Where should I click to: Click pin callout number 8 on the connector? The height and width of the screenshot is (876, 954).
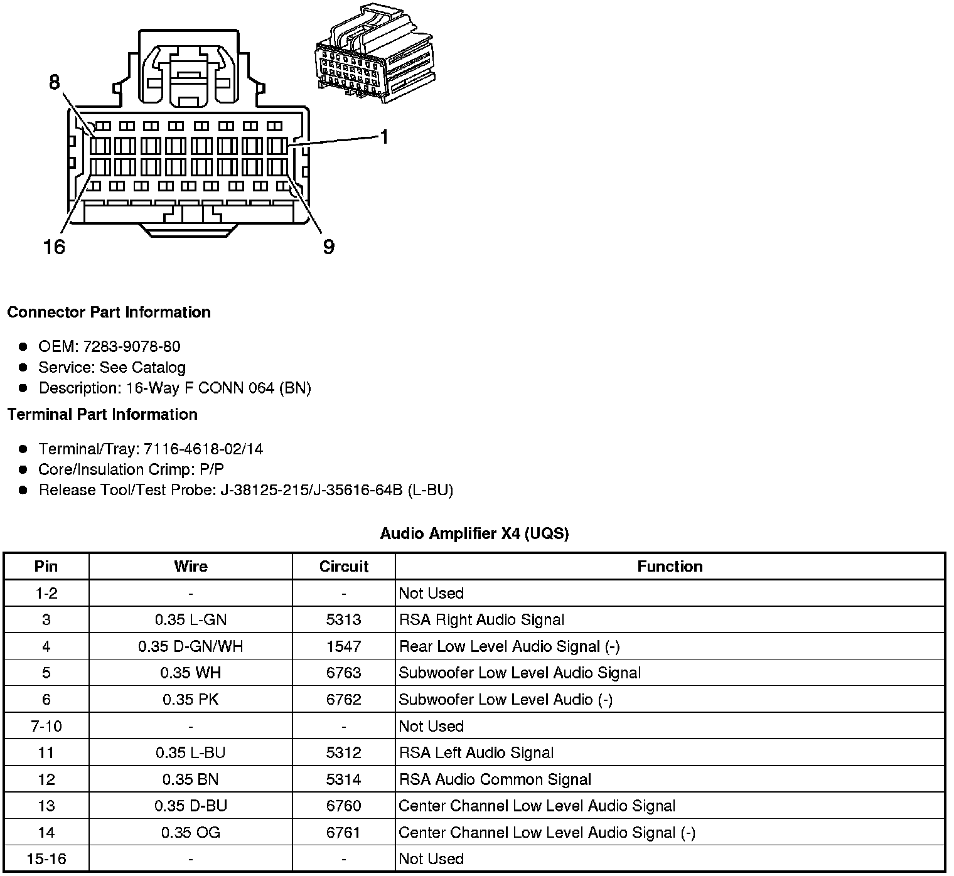pos(55,82)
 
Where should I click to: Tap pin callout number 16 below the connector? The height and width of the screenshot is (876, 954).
pos(55,247)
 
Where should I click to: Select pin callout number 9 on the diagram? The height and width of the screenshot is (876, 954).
pos(329,247)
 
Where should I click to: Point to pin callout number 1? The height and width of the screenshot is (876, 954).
pos(384,136)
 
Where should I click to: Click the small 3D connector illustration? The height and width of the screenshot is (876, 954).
pos(373,55)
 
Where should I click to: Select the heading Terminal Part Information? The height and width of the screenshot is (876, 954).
pos(102,414)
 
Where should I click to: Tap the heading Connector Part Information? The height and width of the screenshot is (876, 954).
pos(109,312)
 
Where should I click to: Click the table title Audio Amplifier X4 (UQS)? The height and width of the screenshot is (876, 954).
pos(474,533)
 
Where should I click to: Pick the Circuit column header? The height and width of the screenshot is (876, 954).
pos(343,566)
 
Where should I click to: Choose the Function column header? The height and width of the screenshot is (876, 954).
pos(670,566)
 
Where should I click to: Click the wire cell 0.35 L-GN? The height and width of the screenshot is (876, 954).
pos(190,619)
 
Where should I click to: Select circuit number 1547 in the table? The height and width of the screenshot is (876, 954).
pos(343,646)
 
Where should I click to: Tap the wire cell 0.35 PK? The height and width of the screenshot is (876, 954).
pos(190,699)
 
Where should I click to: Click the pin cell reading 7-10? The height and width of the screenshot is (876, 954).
pos(46,726)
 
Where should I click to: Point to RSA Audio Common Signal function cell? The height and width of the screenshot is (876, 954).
pos(495,779)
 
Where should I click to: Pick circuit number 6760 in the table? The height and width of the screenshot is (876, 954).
pos(343,806)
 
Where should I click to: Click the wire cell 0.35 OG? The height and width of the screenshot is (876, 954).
pos(190,832)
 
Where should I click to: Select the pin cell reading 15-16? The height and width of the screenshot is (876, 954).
pos(46,858)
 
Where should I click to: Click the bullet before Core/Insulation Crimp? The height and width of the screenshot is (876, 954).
pos(23,469)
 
